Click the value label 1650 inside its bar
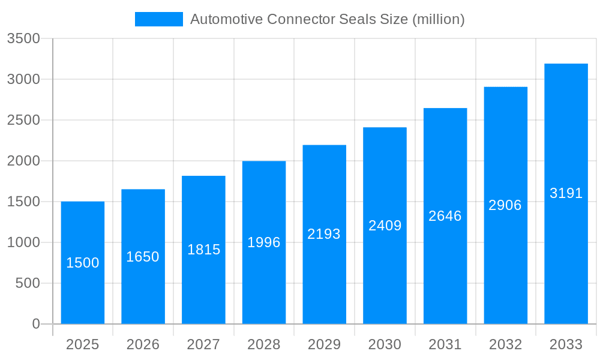click(143, 257)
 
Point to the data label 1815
click(203, 250)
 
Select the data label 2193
click(324, 234)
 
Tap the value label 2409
click(385, 226)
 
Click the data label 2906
click(505, 205)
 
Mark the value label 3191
click(566, 193)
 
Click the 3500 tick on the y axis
click(23, 39)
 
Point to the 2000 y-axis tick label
click(23, 161)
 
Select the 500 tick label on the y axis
click(28, 283)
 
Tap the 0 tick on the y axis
click(35, 324)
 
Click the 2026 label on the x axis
click(143, 344)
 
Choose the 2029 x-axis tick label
click(324, 344)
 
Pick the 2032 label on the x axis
click(505, 344)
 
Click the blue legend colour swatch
click(158, 19)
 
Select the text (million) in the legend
click(438, 19)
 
